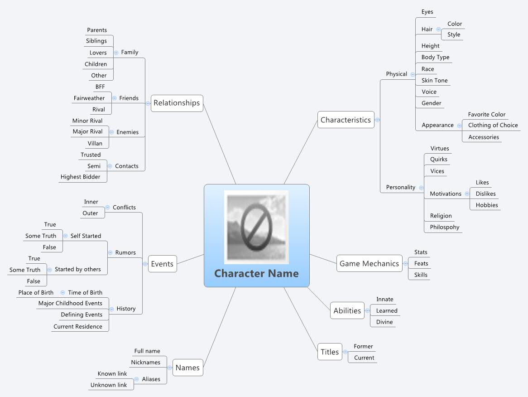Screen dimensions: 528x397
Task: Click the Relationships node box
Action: coord(177,103)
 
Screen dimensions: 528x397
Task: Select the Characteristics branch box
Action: coord(346,120)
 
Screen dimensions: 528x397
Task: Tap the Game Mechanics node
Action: coord(369,263)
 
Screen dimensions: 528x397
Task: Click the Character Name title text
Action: coord(256,273)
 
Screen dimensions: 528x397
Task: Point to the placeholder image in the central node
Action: coord(256,227)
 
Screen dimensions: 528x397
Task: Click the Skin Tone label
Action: coord(434,80)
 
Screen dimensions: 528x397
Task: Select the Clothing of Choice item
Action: coord(493,125)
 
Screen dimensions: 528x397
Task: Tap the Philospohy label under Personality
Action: coord(444,227)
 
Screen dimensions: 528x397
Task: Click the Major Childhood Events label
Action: coord(70,303)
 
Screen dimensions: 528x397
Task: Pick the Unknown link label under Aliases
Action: coord(109,385)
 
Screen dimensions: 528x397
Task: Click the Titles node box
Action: coord(330,352)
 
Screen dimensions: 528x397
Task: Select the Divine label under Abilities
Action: coord(384,322)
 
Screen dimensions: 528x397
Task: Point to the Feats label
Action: coord(421,263)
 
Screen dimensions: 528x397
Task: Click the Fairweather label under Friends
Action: coord(89,98)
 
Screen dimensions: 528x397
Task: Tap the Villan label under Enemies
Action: coord(95,143)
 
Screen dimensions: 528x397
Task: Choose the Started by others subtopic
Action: coord(78,269)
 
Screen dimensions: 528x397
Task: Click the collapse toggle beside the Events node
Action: coord(144,264)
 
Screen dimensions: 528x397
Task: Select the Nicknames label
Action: coord(145,362)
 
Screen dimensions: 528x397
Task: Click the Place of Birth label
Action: coord(36,292)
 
